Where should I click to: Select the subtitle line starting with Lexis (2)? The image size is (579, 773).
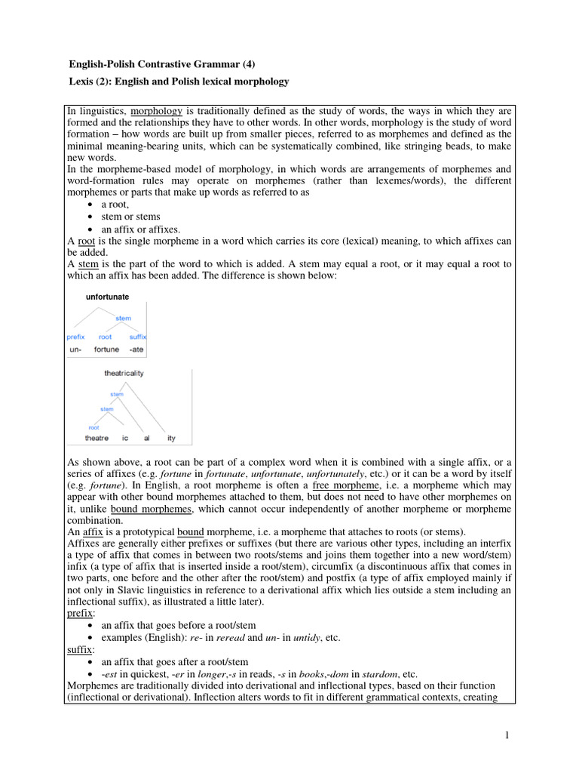pos(178,81)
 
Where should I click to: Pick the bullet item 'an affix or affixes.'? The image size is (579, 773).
pos(141,229)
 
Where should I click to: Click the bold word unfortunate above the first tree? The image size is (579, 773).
pos(108,297)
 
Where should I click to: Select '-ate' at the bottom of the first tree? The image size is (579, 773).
pos(136,350)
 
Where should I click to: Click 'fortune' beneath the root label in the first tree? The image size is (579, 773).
pos(106,350)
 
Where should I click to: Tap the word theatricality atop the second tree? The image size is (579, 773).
pos(124,373)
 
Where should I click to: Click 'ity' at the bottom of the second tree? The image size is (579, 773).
pos(171,438)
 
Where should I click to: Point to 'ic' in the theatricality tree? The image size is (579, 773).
pos(125,438)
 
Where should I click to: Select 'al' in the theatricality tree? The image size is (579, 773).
pos(147,438)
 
